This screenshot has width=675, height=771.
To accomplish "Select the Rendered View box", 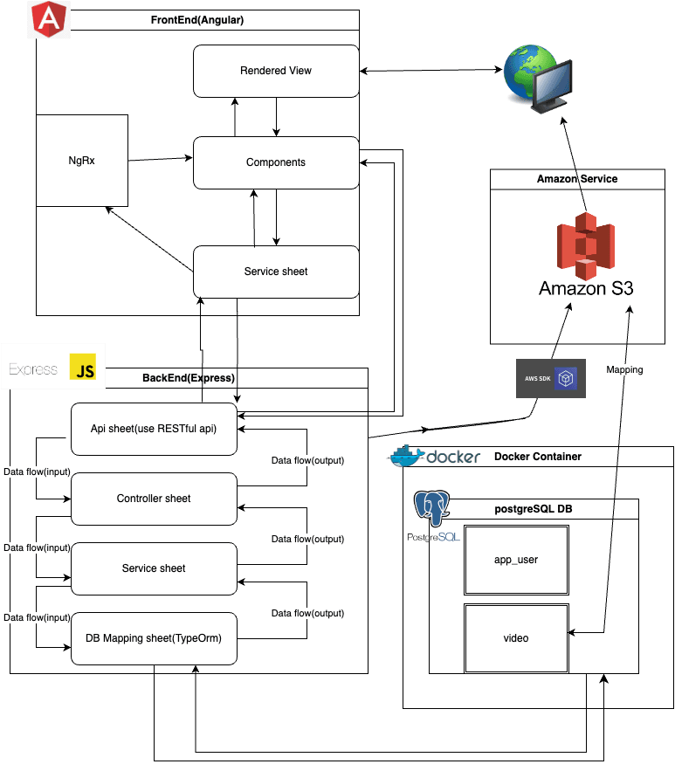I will point(276,71).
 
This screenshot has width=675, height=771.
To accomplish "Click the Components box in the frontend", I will point(276,162).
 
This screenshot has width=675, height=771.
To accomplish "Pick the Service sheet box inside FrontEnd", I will point(276,272).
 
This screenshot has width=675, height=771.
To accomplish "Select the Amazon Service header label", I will point(576,179).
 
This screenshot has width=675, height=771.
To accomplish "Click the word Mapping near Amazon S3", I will point(624,369).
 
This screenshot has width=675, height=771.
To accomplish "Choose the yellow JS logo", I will point(86,369).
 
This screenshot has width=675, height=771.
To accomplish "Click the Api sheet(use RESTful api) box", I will point(154,429).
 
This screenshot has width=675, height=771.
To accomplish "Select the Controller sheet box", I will point(154,499).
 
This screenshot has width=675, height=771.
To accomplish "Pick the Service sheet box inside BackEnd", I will point(154,568).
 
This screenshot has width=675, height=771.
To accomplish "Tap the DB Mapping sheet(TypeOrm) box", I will point(154,638).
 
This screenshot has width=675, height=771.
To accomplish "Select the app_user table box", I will point(516,560).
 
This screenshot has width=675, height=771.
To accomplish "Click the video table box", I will point(516,638).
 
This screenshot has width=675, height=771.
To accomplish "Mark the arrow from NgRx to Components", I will point(160,160).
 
